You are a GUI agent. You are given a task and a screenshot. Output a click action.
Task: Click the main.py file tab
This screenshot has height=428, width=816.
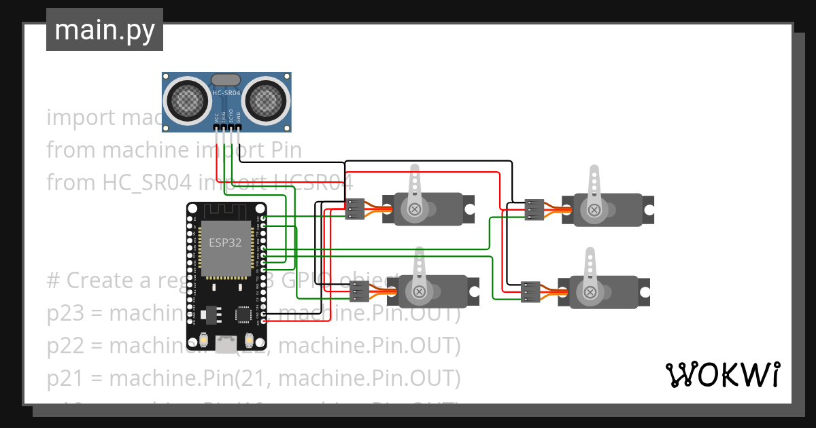coord(104,30)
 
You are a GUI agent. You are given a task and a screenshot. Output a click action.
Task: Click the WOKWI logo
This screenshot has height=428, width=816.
coord(722,375)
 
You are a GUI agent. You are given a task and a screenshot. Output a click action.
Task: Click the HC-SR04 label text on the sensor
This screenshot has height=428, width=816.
coord(224,93)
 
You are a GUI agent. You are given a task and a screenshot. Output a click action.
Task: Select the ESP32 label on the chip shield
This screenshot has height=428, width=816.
coord(225,243)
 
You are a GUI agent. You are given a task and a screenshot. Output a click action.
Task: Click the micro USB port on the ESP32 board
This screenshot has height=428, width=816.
coord(226,343)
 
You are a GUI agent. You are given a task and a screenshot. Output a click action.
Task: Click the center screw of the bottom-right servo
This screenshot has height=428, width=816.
coord(590,292)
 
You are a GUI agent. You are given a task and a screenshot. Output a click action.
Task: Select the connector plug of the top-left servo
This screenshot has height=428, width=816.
coord(356,209)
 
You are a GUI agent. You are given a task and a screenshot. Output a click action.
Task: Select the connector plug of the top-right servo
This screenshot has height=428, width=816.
coord(534,209)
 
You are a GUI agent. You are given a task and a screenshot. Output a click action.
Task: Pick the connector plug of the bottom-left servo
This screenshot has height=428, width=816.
coord(360,291)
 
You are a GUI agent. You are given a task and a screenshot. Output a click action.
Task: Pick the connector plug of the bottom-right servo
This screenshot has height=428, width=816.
coord(530,291)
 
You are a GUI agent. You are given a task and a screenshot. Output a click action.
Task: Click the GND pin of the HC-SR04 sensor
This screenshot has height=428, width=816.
coord(238,127)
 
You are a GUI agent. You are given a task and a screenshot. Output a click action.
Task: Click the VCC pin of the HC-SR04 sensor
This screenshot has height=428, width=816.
coord(217,127)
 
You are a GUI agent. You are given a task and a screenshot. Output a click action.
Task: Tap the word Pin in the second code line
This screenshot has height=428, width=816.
coord(286,150)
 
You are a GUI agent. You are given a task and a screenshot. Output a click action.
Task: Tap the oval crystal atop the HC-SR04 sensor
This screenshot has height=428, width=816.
coord(225,80)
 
